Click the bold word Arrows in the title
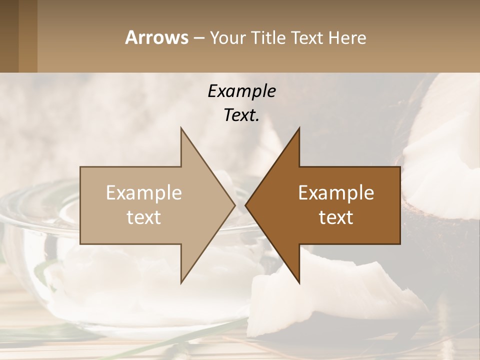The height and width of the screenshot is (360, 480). coord(156,37)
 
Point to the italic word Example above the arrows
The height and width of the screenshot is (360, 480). coord(241,91)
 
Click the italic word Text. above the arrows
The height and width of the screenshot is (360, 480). coord(241,115)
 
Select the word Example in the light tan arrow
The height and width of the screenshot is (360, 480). coord(144,193)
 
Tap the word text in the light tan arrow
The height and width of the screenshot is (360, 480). coord(144,217)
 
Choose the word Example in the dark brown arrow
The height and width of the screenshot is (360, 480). coord(336,193)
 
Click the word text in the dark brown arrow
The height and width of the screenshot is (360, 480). coord(336,217)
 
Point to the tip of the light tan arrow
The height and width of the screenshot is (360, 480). coord(234,205)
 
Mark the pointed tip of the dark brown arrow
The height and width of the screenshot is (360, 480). coord(245,205)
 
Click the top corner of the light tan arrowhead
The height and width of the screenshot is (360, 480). coord(181,128)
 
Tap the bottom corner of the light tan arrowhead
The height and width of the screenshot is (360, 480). coord(181,282)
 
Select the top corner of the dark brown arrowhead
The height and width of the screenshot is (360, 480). coord(299,128)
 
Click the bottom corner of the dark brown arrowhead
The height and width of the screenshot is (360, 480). coord(299,282)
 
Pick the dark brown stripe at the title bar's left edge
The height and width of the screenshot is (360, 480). coord(9,36)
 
